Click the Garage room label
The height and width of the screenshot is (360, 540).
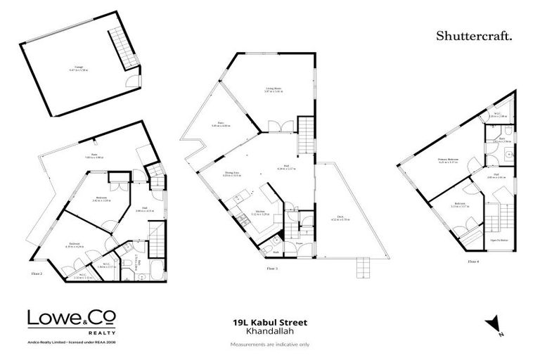click(x=75, y=69)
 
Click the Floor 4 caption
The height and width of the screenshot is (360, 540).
click(x=473, y=262)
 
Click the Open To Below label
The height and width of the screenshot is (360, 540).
click(x=499, y=240)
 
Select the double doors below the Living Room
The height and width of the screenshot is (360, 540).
click(x=275, y=127)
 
